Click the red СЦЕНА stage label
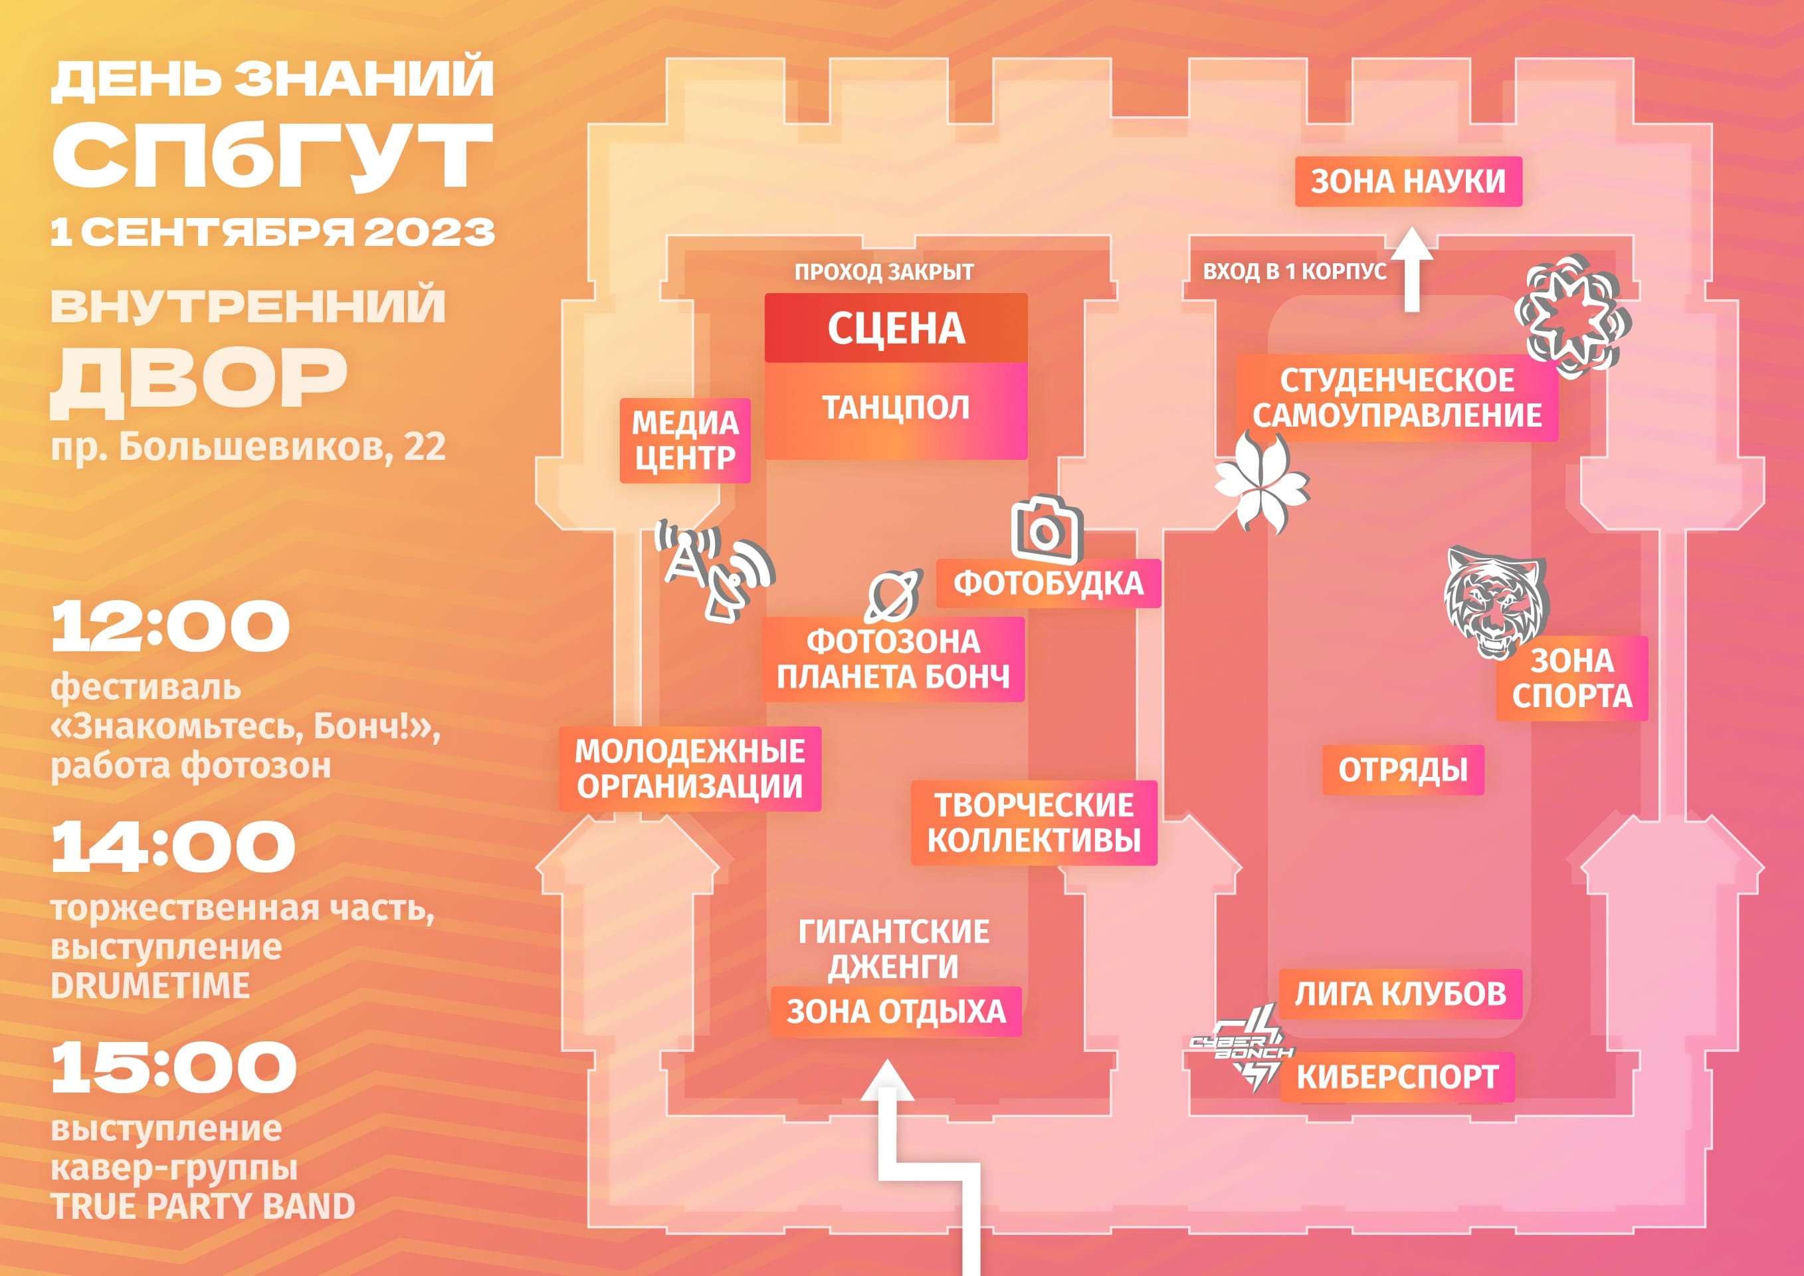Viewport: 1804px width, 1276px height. coord(896,328)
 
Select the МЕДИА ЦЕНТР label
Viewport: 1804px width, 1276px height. coord(685,440)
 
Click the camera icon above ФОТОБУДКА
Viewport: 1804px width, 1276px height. coord(1047,530)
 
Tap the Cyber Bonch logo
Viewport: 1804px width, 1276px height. coord(1241,1049)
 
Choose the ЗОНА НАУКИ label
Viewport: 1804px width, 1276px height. coord(1408,181)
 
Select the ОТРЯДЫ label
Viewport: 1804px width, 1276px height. coord(1403,770)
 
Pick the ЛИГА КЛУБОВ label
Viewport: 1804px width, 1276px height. coord(1400,994)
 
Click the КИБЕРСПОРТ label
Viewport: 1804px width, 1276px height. coord(1397,1077)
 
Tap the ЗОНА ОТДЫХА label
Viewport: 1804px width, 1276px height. coord(896,1012)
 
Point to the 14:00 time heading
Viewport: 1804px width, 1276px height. coord(173,846)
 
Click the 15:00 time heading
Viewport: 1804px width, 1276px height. coord(173,1067)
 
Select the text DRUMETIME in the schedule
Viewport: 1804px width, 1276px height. coord(150,986)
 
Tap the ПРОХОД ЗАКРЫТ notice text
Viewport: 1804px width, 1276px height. coord(884,272)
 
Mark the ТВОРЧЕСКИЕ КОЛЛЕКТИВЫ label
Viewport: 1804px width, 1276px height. coord(1034,823)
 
